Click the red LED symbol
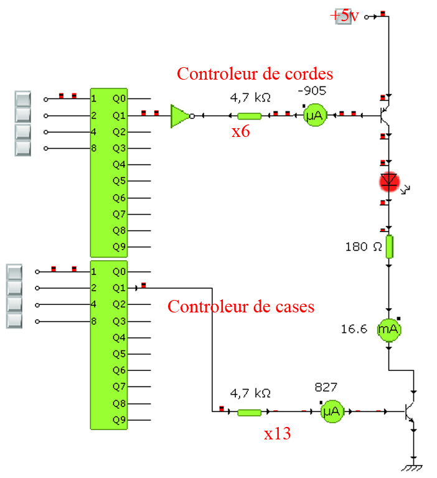[390, 181]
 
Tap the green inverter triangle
[179, 115]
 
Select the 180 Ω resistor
[390, 246]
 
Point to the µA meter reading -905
[315, 116]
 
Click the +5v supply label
[344, 16]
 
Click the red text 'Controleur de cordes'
[255, 73]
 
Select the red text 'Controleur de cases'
[241, 306]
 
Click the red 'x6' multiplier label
[242, 132]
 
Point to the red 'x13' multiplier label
[277, 433]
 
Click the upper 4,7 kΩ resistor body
[250, 115]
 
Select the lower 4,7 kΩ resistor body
[250, 411]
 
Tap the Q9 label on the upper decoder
[119, 246]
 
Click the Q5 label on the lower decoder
[119, 354]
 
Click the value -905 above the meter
[312, 91]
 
